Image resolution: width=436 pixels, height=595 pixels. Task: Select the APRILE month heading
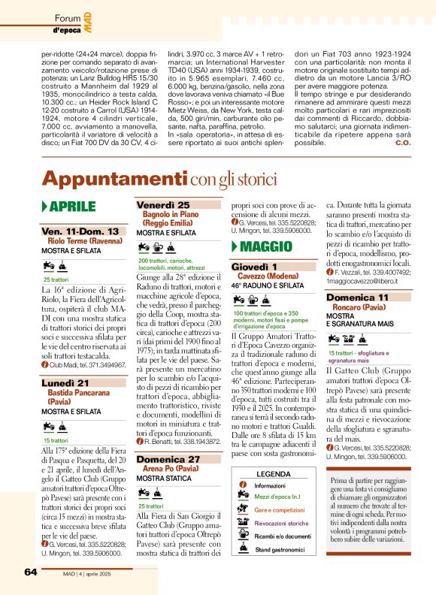[x=72, y=207]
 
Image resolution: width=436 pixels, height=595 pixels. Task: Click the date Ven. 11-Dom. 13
[x=80, y=231]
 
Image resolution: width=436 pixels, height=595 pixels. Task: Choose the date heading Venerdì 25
[x=163, y=205]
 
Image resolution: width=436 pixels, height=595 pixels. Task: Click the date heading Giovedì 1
[x=254, y=266]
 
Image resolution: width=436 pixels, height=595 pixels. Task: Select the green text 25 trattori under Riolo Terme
[x=58, y=280]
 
